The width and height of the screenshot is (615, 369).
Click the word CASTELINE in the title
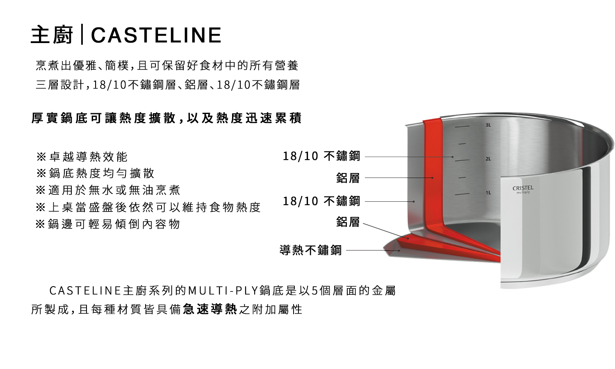pos(156,35)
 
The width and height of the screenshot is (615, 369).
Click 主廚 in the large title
pos(52,35)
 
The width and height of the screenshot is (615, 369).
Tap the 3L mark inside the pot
pos(488,125)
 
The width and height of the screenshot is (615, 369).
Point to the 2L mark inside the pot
pos(488,159)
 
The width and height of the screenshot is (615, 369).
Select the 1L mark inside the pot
pos(488,193)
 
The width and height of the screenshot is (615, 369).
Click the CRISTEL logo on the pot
pos(523,189)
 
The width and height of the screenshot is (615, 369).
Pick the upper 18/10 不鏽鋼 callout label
pos(321,156)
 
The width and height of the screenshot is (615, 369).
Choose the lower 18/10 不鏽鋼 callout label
pos(321,201)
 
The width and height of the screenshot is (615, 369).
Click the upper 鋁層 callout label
pos(348,178)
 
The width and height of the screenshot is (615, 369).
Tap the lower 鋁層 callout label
pos(348,222)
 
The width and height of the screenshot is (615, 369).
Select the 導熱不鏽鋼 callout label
pos(310,250)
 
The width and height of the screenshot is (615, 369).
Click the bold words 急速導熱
pos(210,309)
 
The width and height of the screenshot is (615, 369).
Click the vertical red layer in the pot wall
pos(432,172)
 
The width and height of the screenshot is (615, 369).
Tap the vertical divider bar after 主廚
pos(82,35)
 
